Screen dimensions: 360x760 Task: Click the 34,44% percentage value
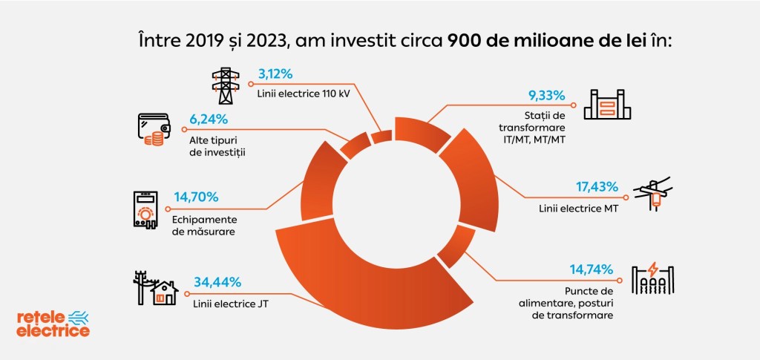point(217,282)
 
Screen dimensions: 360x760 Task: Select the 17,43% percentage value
point(600,185)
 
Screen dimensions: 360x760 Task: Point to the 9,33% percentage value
point(546,95)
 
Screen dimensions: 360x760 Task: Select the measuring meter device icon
point(145,209)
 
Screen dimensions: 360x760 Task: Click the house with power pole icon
point(155,288)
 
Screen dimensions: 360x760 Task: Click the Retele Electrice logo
point(53,324)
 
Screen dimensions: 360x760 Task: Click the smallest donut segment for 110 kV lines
point(381,137)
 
